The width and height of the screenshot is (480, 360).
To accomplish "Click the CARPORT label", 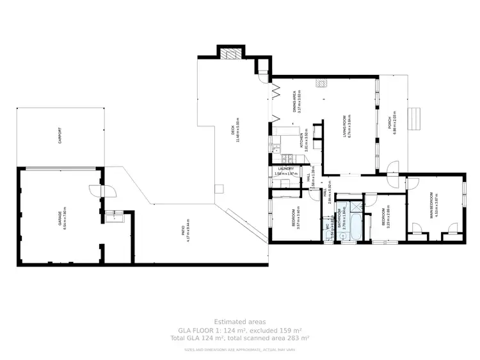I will pos(60,135).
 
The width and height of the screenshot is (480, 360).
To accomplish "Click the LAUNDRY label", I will pos(285,168).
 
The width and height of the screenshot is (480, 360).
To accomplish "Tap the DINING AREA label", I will pos(295,102).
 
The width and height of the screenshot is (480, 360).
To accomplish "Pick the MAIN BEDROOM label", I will pos(432,206).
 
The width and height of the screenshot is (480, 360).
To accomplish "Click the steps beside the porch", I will pos(419,119).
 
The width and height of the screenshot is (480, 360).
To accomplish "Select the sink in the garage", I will pos(118,217).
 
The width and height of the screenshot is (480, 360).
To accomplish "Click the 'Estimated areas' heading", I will pos(239,322).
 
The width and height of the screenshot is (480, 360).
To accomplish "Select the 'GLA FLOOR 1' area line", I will pos(239,330).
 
